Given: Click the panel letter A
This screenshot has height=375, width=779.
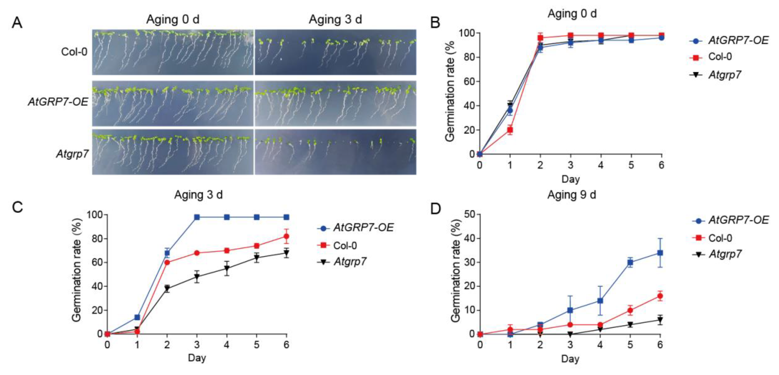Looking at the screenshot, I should [x=17, y=23].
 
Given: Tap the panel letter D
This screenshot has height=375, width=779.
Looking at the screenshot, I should [x=435, y=208].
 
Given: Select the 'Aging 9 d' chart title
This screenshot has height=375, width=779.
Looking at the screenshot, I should [x=571, y=195].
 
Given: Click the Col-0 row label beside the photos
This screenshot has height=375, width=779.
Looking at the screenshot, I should [x=74, y=52].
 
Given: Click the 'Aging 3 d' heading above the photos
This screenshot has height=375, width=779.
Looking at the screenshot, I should [x=335, y=20].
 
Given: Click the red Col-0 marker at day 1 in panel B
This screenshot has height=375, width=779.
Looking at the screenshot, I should [x=510, y=130].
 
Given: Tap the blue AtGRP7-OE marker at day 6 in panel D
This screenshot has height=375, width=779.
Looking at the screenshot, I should [x=660, y=253].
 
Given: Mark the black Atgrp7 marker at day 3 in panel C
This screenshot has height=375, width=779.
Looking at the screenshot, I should [x=197, y=276].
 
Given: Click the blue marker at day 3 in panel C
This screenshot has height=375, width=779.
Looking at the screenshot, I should [x=197, y=217].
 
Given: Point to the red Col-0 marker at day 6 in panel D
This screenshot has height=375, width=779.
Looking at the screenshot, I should [x=660, y=296].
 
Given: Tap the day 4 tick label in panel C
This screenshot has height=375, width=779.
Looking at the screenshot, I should [x=227, y=345].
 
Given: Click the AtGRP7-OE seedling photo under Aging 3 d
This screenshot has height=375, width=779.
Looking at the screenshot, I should [x=335, y=103].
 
